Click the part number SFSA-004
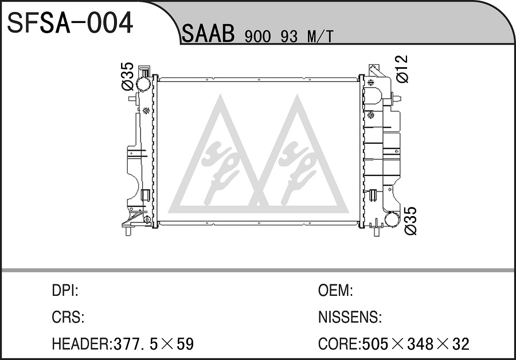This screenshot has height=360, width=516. (x=70, y=23)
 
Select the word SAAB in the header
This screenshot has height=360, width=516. (x=208, y=34)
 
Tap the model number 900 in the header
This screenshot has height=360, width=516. (x=257, y=37)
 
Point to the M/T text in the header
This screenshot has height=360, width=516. (x=320, y=37)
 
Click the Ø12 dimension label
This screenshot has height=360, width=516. (x=402, y=69)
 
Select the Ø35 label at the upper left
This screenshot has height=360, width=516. (x=128, y=76)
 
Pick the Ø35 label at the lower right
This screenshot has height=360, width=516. (x=411, y=221)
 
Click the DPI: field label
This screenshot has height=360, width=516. (x=65, y=291)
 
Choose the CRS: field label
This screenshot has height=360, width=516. (x=68, y=317)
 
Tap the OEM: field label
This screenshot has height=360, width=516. (x=335, y=291)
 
